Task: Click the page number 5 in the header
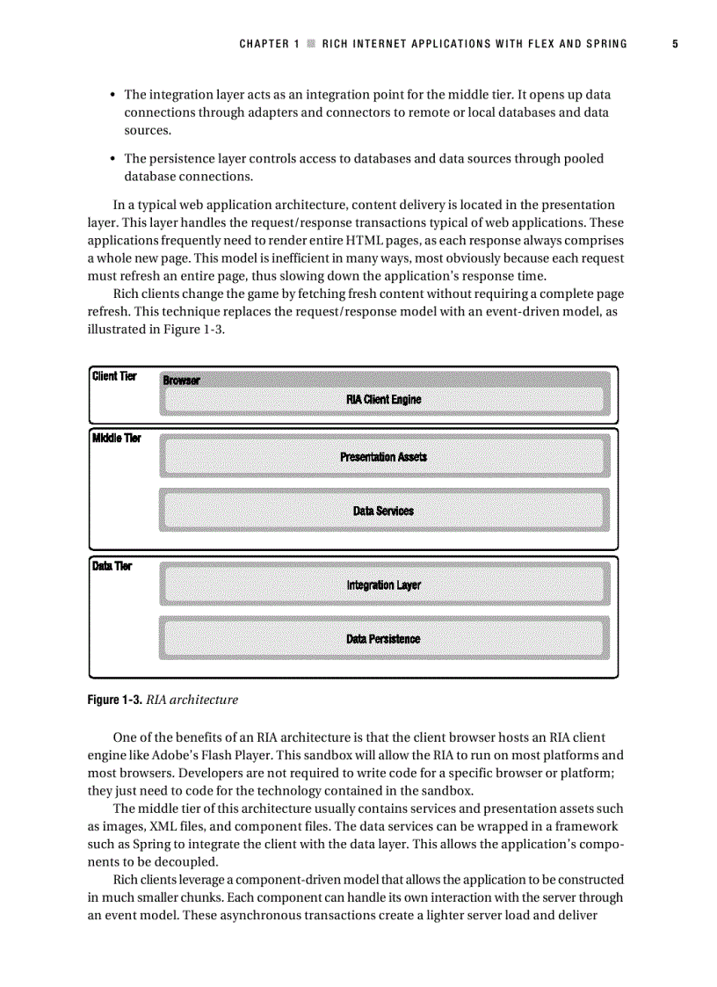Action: pos(675,44)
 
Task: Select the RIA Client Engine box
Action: pos(384,400)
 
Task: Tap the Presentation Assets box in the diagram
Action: pos(384,457)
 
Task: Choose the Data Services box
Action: pos(384,511)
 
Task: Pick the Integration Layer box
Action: pos(384,585)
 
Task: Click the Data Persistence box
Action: pos(384,639)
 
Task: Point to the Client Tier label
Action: pos(114,376)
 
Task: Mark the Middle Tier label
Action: pos(116,438)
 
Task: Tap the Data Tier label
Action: pos(112,566)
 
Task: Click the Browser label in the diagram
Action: pos(181,381)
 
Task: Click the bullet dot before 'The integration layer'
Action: pos(112,95)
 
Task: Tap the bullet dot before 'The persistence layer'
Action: pos(112,159)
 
